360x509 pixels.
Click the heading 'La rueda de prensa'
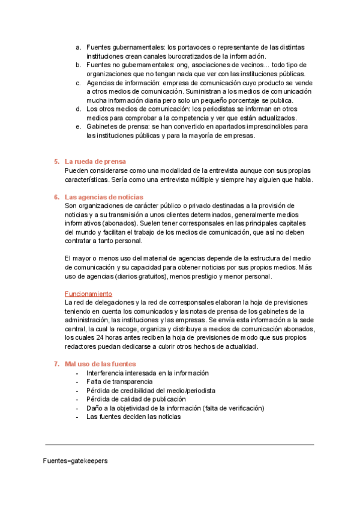95,161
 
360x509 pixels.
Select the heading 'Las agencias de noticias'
103,197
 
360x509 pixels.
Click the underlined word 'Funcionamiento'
88,294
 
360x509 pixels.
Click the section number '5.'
56,161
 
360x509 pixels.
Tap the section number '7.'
56,364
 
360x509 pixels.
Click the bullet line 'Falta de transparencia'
119,381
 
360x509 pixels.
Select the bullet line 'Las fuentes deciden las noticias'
133,417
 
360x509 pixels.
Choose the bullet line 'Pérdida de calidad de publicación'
136,399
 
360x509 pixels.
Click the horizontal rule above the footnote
179,445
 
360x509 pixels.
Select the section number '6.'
56,197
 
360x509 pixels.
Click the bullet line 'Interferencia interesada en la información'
147,373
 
